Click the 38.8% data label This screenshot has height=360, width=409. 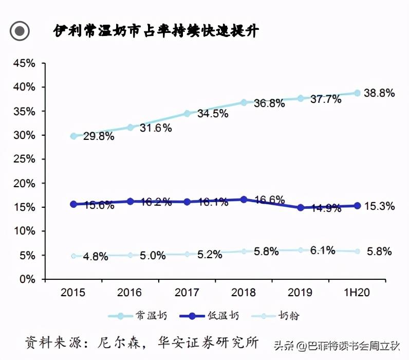(379, 93)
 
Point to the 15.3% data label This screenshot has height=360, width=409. (379, 206)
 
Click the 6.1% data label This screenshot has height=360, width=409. (323, 250)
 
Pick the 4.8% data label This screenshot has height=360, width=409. (96, 257)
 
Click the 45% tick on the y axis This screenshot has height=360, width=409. (24, 63)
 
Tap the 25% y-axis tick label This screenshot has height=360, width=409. (24, 159)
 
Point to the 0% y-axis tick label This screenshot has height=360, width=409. (27, 279)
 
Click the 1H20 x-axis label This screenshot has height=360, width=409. (357, 293)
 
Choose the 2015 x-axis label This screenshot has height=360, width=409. (73, 293)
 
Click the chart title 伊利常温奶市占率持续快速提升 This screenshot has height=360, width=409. (156, 31)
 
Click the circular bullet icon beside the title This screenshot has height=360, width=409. (20, 31)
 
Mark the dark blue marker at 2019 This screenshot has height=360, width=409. (301, 208)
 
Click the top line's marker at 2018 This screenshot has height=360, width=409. (244, 102)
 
